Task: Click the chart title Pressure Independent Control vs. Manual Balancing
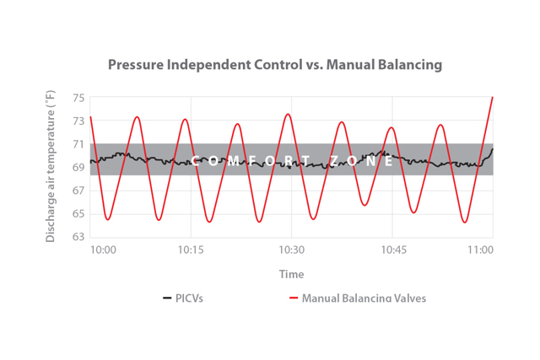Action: click(274, 65)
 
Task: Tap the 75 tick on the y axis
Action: click(78, 98)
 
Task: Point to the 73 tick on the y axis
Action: click(78, 121)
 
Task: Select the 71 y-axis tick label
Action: click(78, 144)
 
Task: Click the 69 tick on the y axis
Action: click(78, 168)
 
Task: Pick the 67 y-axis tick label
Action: click(78, 191)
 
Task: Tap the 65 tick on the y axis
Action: click(78, 215)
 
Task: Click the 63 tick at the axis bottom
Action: click(78, 239)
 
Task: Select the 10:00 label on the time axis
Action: click(103, 250)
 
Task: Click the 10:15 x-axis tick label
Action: click(191, 250)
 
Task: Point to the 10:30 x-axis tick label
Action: click(291, 250)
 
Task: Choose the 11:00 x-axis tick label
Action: click(481, 250)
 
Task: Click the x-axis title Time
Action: click(291, 274)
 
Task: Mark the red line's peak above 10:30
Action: click(289, 114)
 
